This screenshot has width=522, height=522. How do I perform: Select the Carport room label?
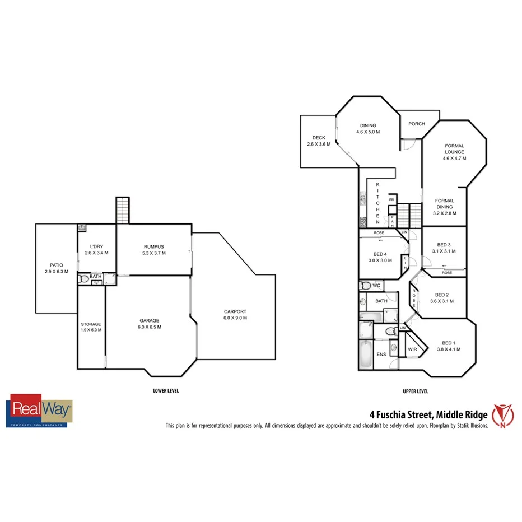click(235, 312)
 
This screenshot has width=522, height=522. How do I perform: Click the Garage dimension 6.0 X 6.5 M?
click(150, 327)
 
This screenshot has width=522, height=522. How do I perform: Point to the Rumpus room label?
click(154, 246)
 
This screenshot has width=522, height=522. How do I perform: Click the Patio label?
click(56, 265)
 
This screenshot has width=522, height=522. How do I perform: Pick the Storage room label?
click(91, 324)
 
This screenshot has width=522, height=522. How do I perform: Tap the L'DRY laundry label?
click(96, 246)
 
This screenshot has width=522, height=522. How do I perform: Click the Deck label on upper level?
click(319, 138)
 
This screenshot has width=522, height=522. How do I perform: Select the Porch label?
click(416, 124)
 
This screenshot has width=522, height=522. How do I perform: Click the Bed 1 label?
click(449, 343)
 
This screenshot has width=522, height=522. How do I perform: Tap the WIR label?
click(412, 349)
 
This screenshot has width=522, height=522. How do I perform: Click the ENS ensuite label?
click(381, 355)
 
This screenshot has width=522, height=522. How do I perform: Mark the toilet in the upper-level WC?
click(366, 286)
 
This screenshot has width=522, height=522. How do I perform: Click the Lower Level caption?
click(166, 391)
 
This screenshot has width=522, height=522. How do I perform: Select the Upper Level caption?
click(416, 391)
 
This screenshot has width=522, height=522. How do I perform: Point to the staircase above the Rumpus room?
click(123, 210)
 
